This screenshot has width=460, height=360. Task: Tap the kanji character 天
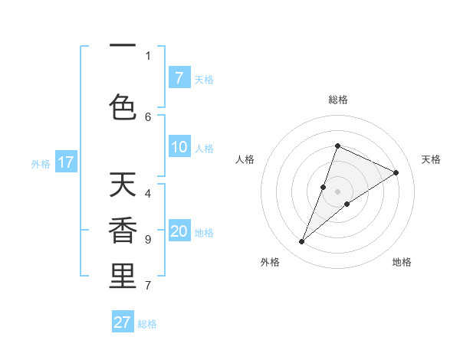(123, 185)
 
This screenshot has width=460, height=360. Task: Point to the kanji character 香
(123, 231)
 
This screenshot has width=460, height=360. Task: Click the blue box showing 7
(179, 78)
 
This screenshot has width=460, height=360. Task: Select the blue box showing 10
(179, 148)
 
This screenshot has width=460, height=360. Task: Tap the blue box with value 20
(179, 232)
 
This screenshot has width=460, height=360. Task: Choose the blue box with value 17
(65, 162)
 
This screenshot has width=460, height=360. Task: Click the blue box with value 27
(122, 322)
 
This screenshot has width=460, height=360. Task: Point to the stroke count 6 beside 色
(148, 116)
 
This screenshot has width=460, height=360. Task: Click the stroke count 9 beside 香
(148, 239)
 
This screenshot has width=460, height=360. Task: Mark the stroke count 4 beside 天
(148, 193)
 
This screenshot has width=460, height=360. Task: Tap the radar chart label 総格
(337, 100)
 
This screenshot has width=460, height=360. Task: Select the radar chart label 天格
(431, 159)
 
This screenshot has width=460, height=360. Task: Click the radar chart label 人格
(245, 159)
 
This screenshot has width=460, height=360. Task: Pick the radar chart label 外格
(269, 262)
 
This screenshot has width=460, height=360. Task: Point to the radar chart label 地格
(402, 262)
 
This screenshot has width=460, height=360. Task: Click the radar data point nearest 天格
(396, 173)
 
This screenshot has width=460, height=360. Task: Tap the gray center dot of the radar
(337, 191)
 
